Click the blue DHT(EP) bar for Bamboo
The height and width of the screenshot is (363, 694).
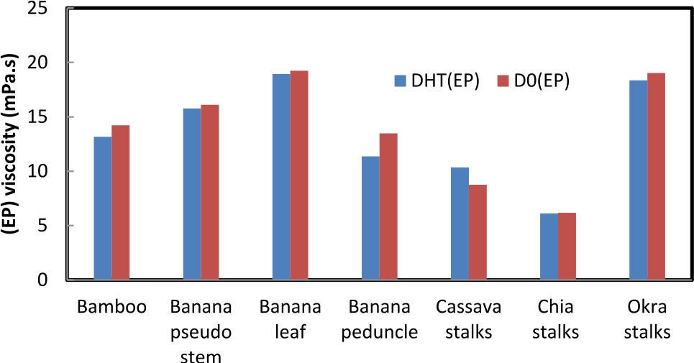pyautogui.click(x=103, y=208)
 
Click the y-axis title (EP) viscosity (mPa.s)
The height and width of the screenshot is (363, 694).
pyautogui.click(x=13, y=144)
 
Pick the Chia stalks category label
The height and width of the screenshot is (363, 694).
pyautogui.click(x=558, y=320)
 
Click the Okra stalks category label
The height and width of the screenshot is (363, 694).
pyautogui.click(x=647, y=320)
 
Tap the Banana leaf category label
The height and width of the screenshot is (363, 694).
pyautogui.click(x=291, y=320)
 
